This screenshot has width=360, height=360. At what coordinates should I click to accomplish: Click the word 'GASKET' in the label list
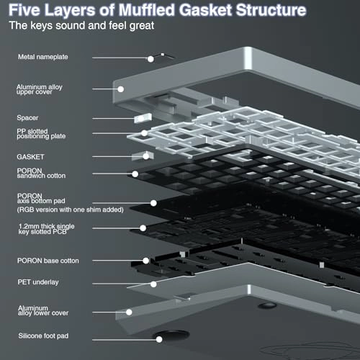point(30,156)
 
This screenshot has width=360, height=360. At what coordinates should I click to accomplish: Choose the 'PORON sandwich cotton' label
point(42,174)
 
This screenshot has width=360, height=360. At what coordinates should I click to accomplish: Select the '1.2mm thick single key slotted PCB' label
point(47,230)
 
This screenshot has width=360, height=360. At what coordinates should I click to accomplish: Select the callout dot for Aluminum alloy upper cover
point(121,89)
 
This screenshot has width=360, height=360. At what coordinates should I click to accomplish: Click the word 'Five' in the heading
point(25,11)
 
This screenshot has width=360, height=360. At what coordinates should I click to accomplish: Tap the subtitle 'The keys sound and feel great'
point(82,26)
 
